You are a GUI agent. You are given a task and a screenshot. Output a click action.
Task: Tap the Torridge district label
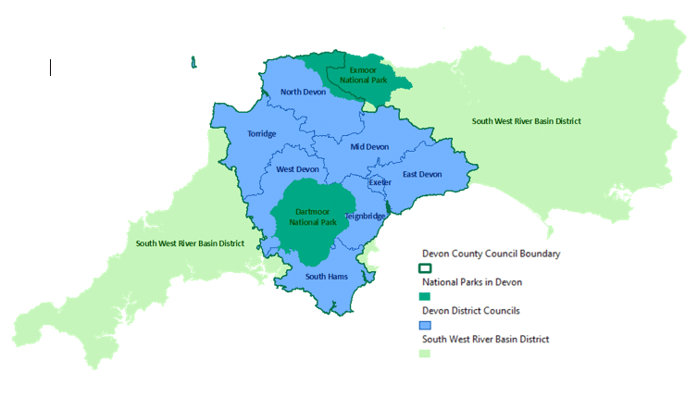(261, 133)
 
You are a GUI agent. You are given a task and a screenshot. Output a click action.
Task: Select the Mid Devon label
(369, 146)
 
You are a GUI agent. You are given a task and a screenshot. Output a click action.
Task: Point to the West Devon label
(297, 169)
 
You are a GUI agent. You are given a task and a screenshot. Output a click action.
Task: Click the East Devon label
(422, 174)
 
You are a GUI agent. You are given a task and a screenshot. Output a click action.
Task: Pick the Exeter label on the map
(380, 182)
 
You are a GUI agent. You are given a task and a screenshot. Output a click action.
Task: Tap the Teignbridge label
(365, 216)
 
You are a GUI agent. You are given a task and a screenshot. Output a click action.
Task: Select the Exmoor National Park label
(367, 74)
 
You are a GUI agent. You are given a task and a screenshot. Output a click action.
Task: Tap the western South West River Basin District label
(190, 243)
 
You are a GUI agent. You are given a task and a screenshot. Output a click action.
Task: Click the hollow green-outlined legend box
(426, 267)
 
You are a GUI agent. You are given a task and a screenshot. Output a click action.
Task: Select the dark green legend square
(426, 297)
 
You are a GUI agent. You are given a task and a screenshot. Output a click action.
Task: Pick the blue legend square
(426, 326)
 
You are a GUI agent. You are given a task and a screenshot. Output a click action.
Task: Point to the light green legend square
(426, 354)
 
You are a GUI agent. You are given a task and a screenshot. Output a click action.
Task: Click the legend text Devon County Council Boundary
(491, 253)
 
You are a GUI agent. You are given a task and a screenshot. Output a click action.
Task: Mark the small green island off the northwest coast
(193, 62)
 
